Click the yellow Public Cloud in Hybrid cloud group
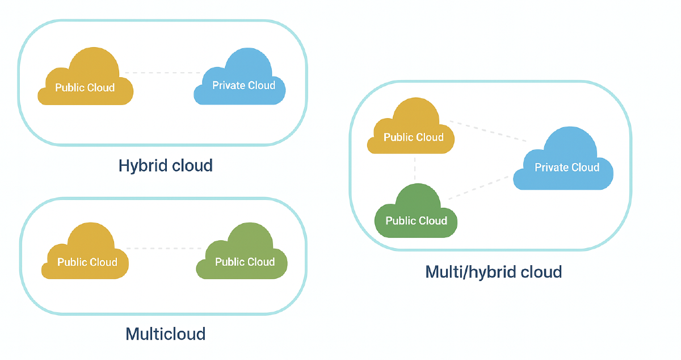(x=85, y=82)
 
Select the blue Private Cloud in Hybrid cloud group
(x=241, y=82)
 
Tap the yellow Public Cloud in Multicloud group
(x=86, y=257)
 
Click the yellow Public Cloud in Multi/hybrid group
(x=412, y=132)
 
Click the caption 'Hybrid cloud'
(x=165, y=165)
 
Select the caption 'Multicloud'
(x=165, y=333)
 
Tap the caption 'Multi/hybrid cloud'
(x=493, y=272)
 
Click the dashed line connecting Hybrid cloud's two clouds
(x=162, y=73)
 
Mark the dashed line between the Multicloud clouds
(x=165, y=248)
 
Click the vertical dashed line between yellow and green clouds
(x=415, y=169)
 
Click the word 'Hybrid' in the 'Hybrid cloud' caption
(x=142, y=165)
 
